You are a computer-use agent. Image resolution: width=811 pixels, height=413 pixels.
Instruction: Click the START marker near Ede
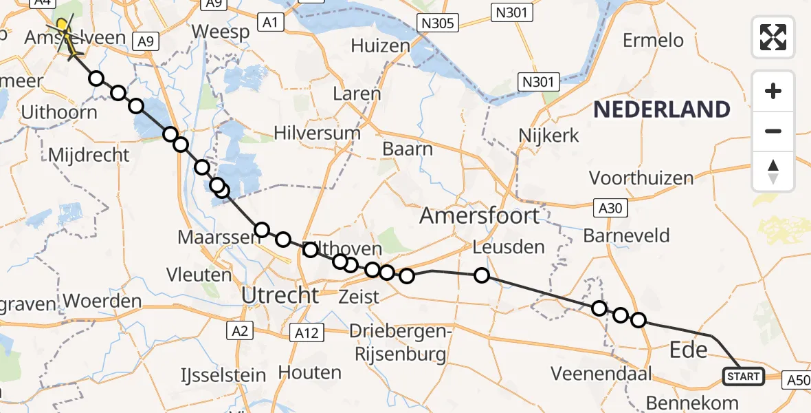pyautogui.click(x=743, y=377)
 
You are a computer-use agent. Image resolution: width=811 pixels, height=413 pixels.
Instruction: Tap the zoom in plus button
pyautogui.click(x=773, y=91)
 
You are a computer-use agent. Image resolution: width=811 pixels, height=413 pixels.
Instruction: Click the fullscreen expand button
pyautogui.click(x=773, y=37)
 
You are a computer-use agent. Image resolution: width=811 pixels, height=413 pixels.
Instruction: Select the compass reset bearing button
pyautogui.click(x=773, y=171)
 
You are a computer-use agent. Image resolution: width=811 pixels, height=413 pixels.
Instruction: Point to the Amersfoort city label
pyautogui.click(x=480, y=216)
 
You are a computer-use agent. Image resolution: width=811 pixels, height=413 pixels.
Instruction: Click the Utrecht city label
pyautogui.click(x=280, y=296)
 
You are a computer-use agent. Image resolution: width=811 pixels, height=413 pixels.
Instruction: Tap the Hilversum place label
pyautogui.click(x=317, y=133)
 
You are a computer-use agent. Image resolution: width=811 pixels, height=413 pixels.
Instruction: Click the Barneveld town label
pyautogui.click(x=626, y=235)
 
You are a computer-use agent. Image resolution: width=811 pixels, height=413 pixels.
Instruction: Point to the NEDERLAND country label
pyautogui.click(x=662, y=109)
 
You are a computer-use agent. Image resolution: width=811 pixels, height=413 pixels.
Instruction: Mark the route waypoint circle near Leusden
pyautogui.click(x=482, y=275)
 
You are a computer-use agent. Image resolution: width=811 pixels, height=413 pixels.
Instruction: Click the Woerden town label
pyautogui.click(x=103, y=301)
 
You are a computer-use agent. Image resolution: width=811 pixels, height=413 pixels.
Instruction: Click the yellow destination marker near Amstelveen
pyautogui.click(x=63, y=26)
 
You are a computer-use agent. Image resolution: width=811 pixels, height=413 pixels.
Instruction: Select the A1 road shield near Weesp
pyautogui.click(x=270, y=23)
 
